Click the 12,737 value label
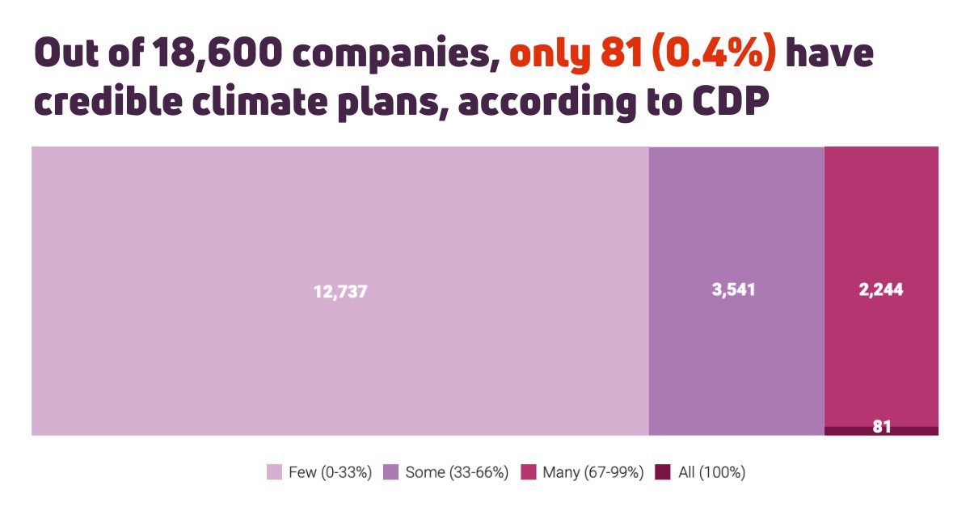tap(340, 292)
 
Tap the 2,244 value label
tap(880, 290)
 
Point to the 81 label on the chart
tap(881, 426)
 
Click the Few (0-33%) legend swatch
tap(275, 472)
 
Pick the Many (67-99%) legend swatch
tap(529, 472)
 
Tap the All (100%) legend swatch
tap(663, 472)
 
